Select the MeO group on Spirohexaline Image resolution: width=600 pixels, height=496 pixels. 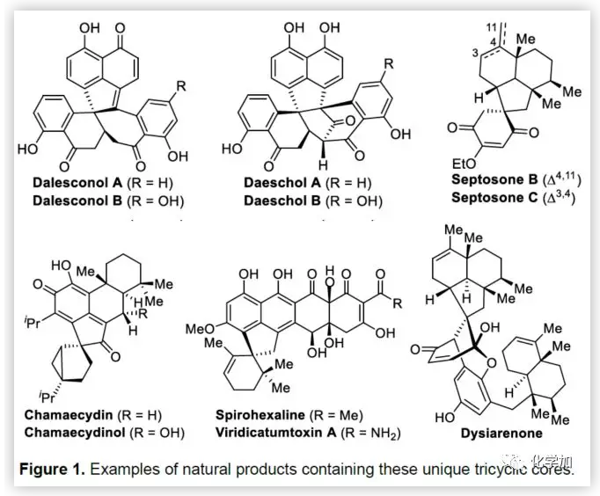pyautogui.click(x=201, y=329)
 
